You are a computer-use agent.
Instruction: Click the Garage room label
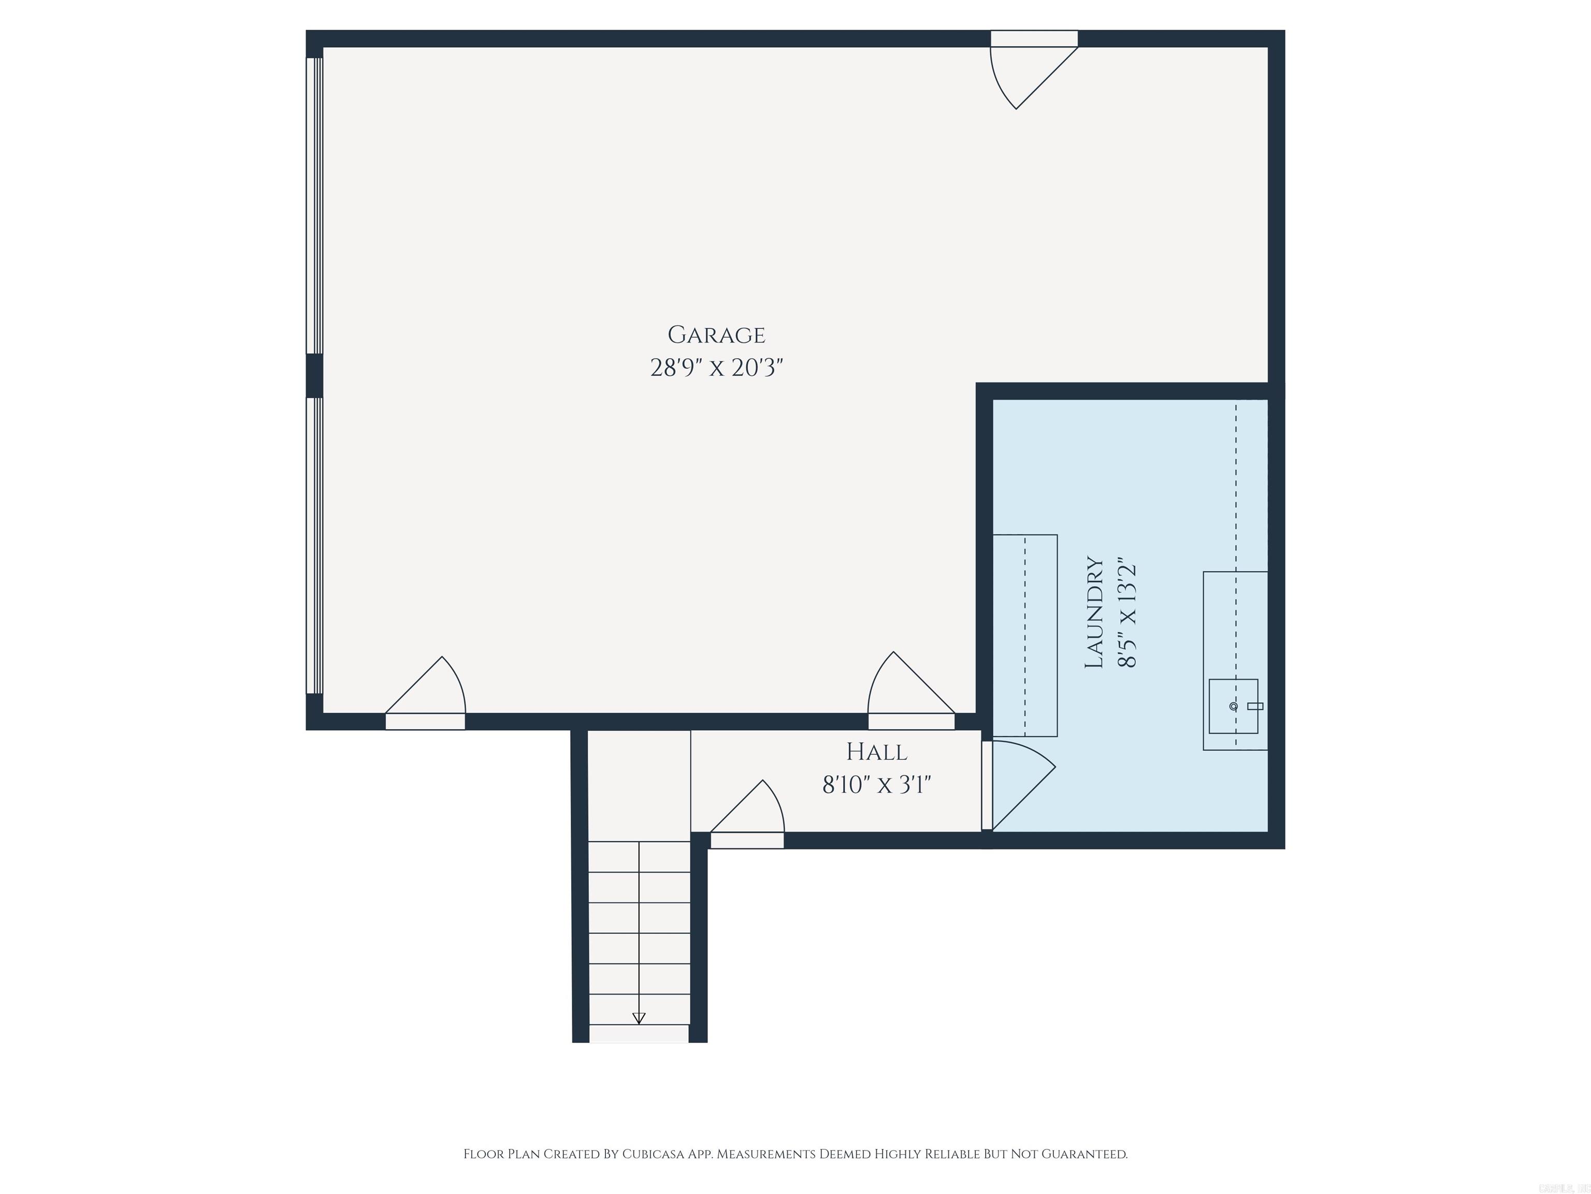point(716,335)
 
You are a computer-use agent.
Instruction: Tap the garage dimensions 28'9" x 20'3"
point(716,368)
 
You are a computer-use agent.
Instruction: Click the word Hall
point(876,752)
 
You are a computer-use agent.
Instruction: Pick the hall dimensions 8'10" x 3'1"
point(876,785)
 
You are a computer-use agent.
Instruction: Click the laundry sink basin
point(1232,706)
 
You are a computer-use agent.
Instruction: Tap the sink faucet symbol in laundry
point(1254,706)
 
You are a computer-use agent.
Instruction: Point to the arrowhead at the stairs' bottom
point(639,1018)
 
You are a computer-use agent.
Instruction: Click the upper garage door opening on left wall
point(314,205)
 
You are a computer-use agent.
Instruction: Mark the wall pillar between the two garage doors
point(314,376)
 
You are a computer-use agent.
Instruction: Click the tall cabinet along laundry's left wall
point(1025,635)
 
